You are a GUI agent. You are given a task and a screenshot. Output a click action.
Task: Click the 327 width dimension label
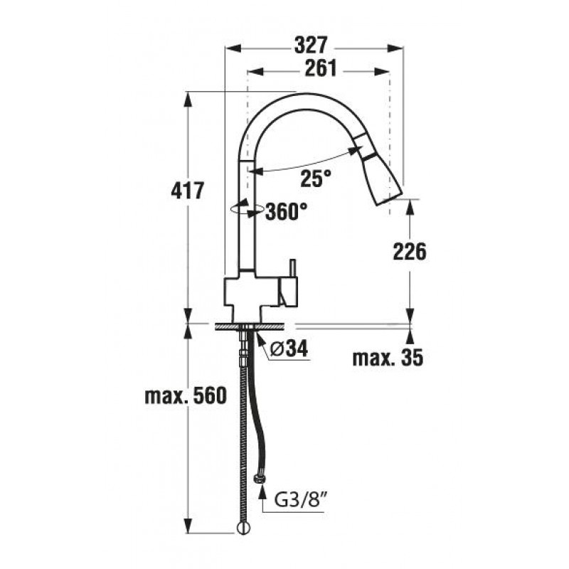click(311, 45)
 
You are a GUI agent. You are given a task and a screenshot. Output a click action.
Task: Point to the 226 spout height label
click(410, 252)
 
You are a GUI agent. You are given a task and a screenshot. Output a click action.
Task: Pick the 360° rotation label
click(287, 211)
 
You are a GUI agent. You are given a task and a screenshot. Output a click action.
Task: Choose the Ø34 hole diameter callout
click(289, 349)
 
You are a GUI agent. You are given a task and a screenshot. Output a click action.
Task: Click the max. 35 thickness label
click(388, 358)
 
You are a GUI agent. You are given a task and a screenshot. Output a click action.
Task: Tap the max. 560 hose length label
click(186, 395)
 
